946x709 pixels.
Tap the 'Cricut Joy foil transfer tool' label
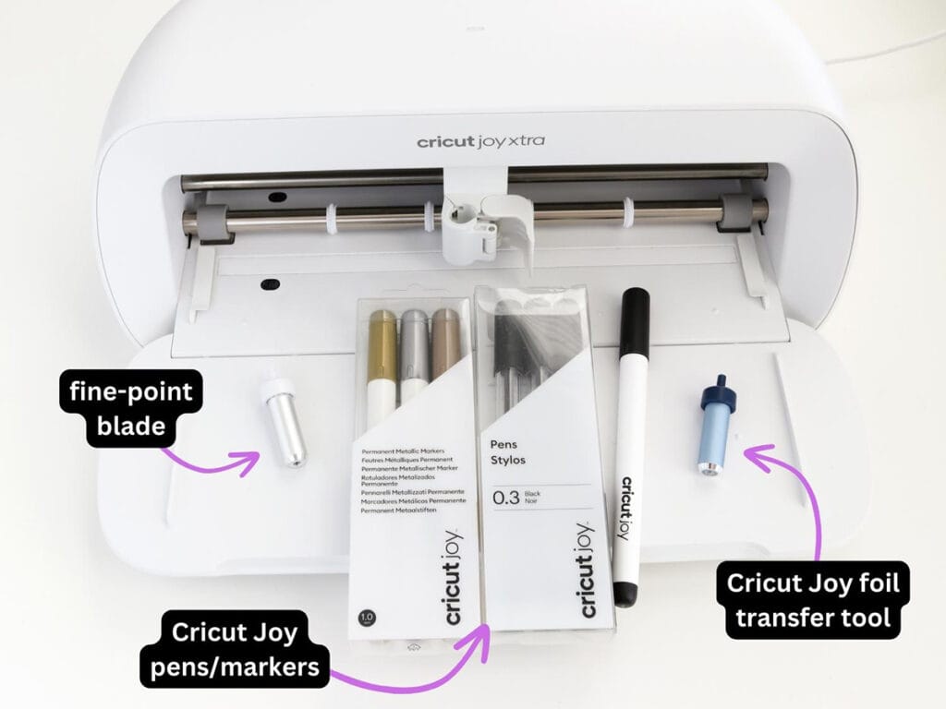click(812, 600)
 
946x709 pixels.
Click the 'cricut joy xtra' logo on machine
click(479, 142)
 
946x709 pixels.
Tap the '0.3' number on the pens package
click(506, 499)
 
